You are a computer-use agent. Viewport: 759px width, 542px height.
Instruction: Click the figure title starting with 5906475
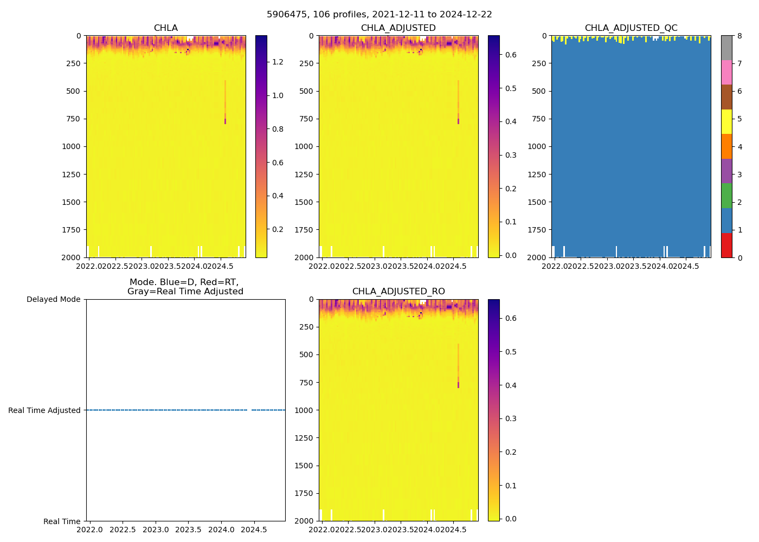point(379,15)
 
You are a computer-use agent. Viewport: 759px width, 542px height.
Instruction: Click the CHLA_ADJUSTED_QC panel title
point(631,28)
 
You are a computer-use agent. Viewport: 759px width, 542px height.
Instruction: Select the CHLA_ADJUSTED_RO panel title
point(398,292)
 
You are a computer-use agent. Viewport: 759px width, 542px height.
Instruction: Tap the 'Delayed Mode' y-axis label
point(53,299)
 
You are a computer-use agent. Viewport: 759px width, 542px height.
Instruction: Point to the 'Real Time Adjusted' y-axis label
point(44,410)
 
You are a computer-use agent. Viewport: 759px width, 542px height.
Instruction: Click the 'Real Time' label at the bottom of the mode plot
point(62,521)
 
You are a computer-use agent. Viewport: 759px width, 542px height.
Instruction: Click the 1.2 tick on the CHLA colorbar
point(278,62)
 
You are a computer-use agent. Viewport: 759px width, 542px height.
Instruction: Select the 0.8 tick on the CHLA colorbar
point(278,129)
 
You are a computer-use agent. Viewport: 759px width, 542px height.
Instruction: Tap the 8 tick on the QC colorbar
point(739,36)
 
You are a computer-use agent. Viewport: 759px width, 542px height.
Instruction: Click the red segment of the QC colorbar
point(726,246)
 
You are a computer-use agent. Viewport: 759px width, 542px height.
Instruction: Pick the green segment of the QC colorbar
point(726,196)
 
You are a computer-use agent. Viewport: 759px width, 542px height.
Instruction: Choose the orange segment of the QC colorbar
point(726,146)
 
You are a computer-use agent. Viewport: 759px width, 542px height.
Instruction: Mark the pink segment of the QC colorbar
point(726,72)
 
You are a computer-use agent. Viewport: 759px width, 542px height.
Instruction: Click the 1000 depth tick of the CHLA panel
point(72,146)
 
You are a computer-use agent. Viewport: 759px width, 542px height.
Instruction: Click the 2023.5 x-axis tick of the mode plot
point(189,529)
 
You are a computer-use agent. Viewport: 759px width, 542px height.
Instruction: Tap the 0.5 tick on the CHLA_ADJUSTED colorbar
point(510,88)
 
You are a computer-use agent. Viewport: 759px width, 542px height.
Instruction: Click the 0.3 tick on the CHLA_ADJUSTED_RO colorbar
point(510,418)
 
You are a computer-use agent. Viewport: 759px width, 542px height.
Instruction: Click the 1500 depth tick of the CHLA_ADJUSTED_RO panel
point(304,466)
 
